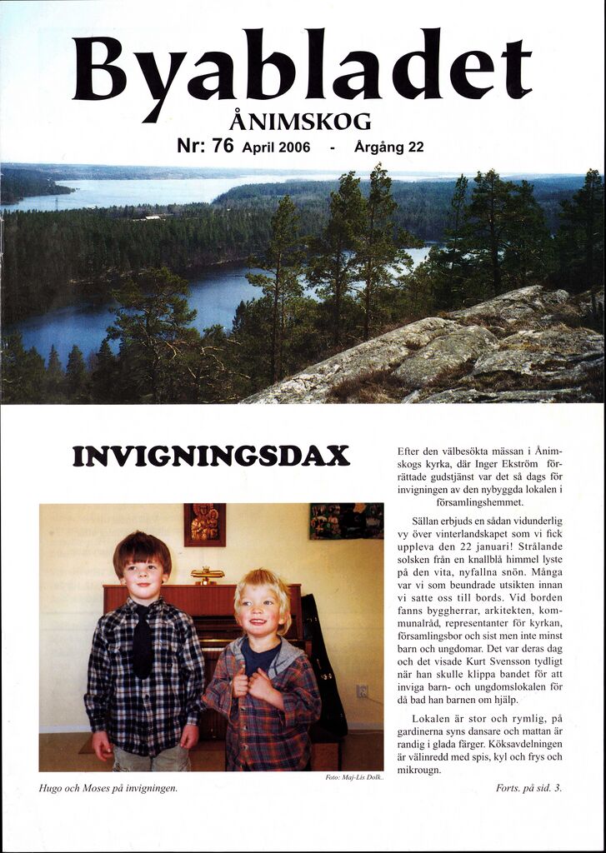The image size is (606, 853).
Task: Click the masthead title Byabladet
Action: tap(302, 67)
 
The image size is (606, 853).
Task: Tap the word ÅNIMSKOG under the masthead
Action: tap(299, 122)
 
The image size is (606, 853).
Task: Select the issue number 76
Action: tap(223, 146)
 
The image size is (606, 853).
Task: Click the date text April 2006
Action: tap(276, 147)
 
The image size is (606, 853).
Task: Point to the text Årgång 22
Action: tap(388, 147)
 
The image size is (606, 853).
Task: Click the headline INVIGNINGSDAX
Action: tap(211, 456)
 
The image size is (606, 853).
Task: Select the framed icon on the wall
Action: tap(204, 524)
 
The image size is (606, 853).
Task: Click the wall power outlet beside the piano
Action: tap(362, 691)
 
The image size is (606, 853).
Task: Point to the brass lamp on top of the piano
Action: tap(207, 575)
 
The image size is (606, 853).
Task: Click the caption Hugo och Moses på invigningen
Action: tap(108, 787)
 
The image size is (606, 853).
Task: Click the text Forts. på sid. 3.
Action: tap(528, 787)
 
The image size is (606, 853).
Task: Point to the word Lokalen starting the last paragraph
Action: tap(432, 718)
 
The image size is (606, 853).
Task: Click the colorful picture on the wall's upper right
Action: tap(346, 521)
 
